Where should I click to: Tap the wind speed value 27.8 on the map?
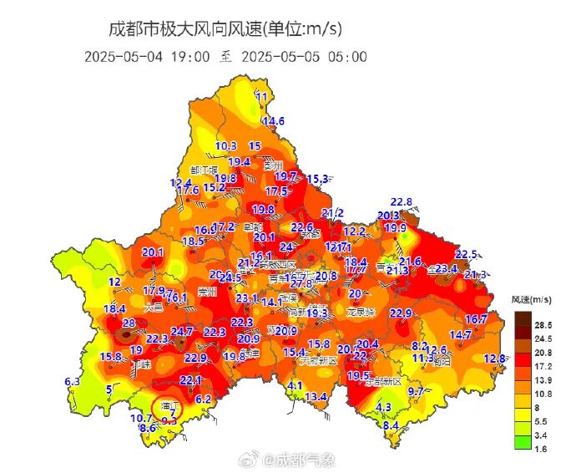(301, 283)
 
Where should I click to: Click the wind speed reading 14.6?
(273, 121)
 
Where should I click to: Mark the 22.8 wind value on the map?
(402, 201)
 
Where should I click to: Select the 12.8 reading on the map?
(494, 359)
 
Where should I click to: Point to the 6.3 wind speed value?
(72, 382)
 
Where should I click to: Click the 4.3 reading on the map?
(383, 407)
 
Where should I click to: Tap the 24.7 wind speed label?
(182, 332)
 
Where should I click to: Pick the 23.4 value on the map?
(446, 268)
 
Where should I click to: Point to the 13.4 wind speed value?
(315, 396)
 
